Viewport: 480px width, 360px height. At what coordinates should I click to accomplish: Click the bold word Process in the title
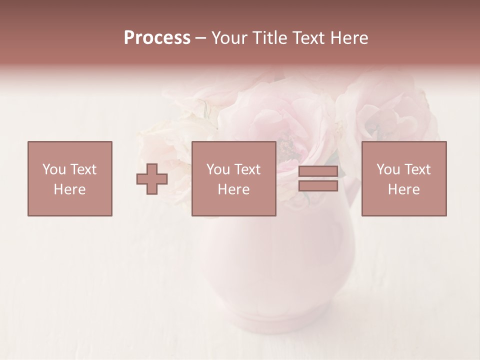click(x=157, y=38)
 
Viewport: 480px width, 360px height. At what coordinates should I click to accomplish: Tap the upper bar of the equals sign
click(x=318, y=171)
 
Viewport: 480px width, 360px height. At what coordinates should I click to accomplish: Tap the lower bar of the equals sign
click(x=318, y=186)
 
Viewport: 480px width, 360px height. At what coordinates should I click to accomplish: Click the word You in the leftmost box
click(x=54, y=169)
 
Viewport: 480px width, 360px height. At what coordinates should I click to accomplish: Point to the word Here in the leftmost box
click(x=70, y=189)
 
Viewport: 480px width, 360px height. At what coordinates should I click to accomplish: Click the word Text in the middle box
click(x=247, y=169)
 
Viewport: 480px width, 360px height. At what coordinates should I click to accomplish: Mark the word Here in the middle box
click(x=233, y=189)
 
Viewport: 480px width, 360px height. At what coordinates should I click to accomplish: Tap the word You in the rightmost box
click(x=388, y=169)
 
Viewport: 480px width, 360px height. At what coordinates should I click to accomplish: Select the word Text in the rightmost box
click(x=417, y=169)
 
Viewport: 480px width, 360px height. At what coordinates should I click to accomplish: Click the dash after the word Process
click(x=201, y=38)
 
